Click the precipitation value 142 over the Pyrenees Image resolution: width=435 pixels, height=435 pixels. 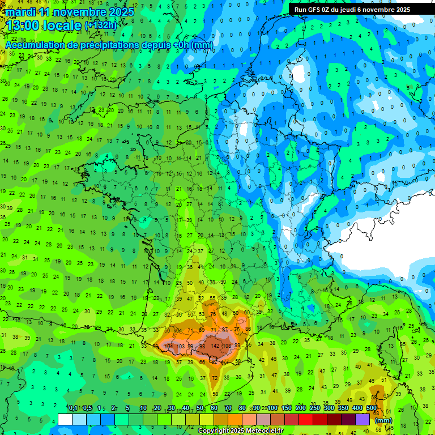(x=215, y=346)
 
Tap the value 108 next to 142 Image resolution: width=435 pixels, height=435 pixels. (x=227, y=346)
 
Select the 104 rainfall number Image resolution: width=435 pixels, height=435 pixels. (x=168, y=346)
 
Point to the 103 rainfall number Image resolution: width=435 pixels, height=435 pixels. (x=181, y=346)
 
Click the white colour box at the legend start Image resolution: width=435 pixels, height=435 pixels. (x=65, y=419)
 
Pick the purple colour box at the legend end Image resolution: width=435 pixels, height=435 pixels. (x=362, y=419)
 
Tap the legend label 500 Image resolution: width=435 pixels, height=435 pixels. (x=372, y=408)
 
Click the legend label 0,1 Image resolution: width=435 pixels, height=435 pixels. (x=73, y=408)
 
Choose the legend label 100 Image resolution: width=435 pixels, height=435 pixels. (x=272, y=408)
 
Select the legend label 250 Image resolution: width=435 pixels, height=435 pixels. (x=315, y=408)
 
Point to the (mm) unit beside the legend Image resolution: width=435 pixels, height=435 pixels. (x=383, y=420)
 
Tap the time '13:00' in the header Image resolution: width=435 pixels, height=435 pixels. (x=24, y=25)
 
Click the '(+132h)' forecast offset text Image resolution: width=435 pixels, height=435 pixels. (x=101, y=25)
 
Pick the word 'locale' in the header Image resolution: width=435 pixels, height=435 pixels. (x=63, y=25)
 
